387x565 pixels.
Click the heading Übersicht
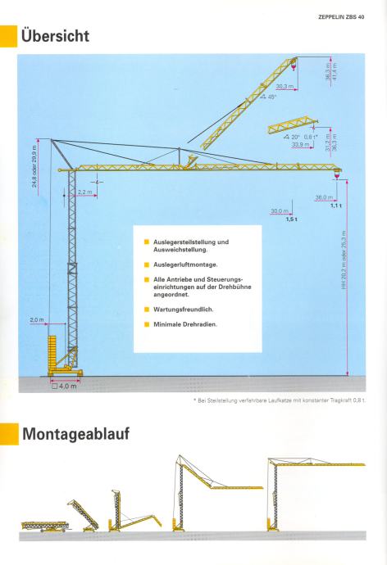point(55,36)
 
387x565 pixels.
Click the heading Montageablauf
point(75,434)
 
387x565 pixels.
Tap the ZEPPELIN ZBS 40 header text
point(341,16)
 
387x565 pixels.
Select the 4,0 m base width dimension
point(65,386)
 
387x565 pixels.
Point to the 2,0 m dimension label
point(36,320)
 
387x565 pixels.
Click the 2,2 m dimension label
point(85,192)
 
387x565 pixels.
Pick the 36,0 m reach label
point(324,197)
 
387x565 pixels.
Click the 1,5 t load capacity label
point(291,219)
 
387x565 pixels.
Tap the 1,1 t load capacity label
point(336,206)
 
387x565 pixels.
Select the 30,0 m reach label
point(280,210)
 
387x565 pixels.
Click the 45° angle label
point(269,97)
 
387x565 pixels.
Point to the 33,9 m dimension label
point(300,144)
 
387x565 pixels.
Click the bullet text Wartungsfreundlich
point(183,310)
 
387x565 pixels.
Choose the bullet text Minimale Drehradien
point(185,324)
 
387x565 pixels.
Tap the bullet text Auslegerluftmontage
point(185,264)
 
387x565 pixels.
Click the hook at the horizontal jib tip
point(337,174)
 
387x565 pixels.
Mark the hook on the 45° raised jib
point(294,66)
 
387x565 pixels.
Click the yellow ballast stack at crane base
point(52,353)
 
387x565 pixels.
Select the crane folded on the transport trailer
point(45,526)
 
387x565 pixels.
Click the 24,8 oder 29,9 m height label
point(34,166)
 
